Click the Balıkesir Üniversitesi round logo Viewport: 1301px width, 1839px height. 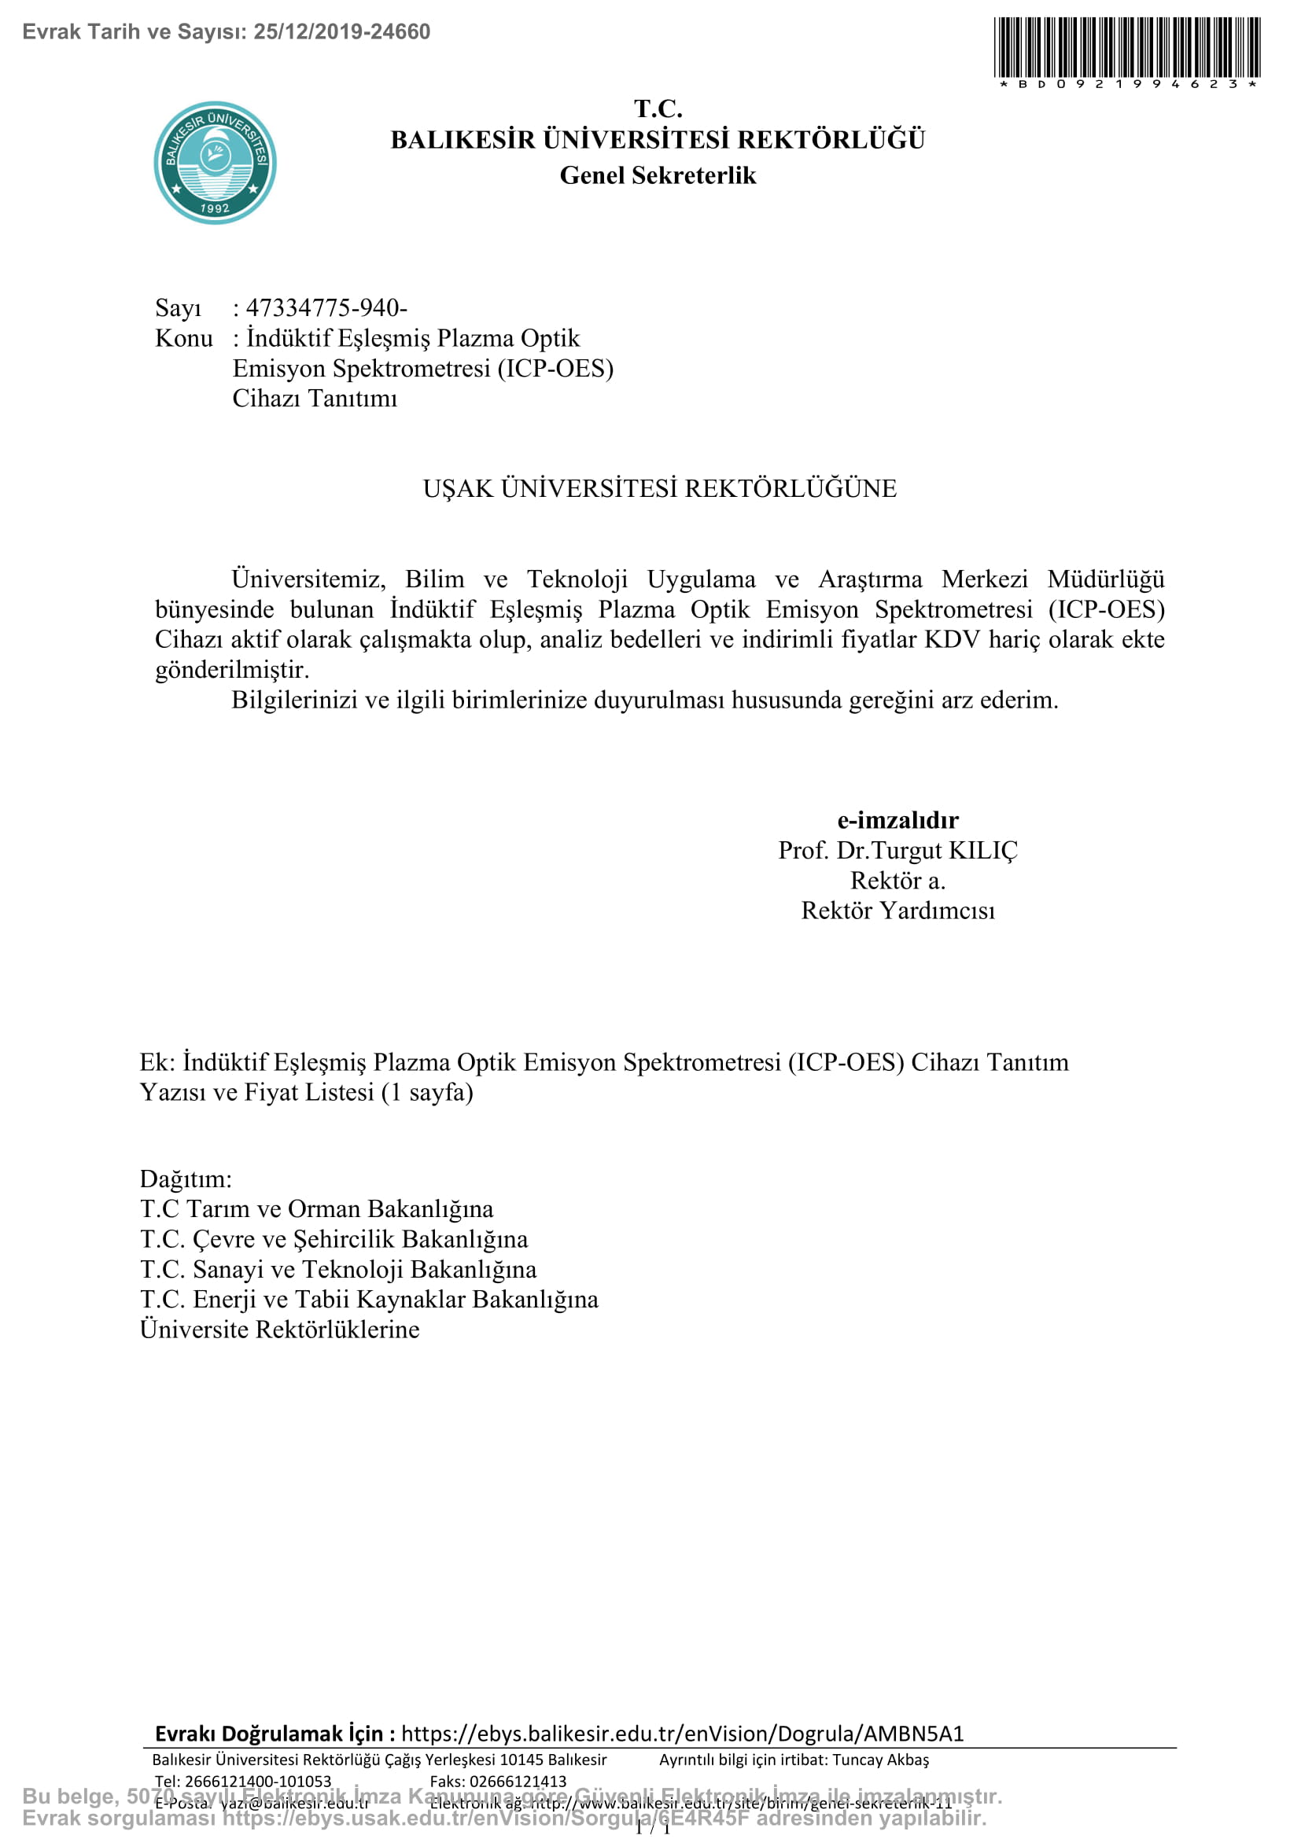[x=215, y=163]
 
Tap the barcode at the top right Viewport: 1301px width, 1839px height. [x=1127, y=48]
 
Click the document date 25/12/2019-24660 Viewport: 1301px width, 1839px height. [x=342, y=32]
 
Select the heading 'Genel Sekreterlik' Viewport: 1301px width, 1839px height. [x=657, y=175]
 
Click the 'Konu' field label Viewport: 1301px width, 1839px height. [x=184, y=338]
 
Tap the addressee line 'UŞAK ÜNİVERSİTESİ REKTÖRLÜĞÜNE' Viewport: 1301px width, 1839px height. [x=659, y=488]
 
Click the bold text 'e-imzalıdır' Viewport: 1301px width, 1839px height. [x=897, y=820]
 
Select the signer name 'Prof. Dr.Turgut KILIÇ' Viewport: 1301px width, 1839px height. [x=897, y=851]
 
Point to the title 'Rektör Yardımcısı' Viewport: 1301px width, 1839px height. [x=897, y=910]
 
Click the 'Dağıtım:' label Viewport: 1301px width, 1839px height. [x=186, y=1179]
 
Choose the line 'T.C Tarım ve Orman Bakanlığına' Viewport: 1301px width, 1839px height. [x=316, y=1209]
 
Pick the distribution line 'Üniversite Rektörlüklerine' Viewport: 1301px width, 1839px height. [x=279, y=1330]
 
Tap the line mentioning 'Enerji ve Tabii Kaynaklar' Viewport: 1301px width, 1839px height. [x=370, y=1299]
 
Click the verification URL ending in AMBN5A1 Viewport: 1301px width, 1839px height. [x=682, y=1734]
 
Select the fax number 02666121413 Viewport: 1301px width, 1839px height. [x=518, y=1782]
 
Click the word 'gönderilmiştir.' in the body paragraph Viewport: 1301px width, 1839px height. [x=232, y=670]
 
